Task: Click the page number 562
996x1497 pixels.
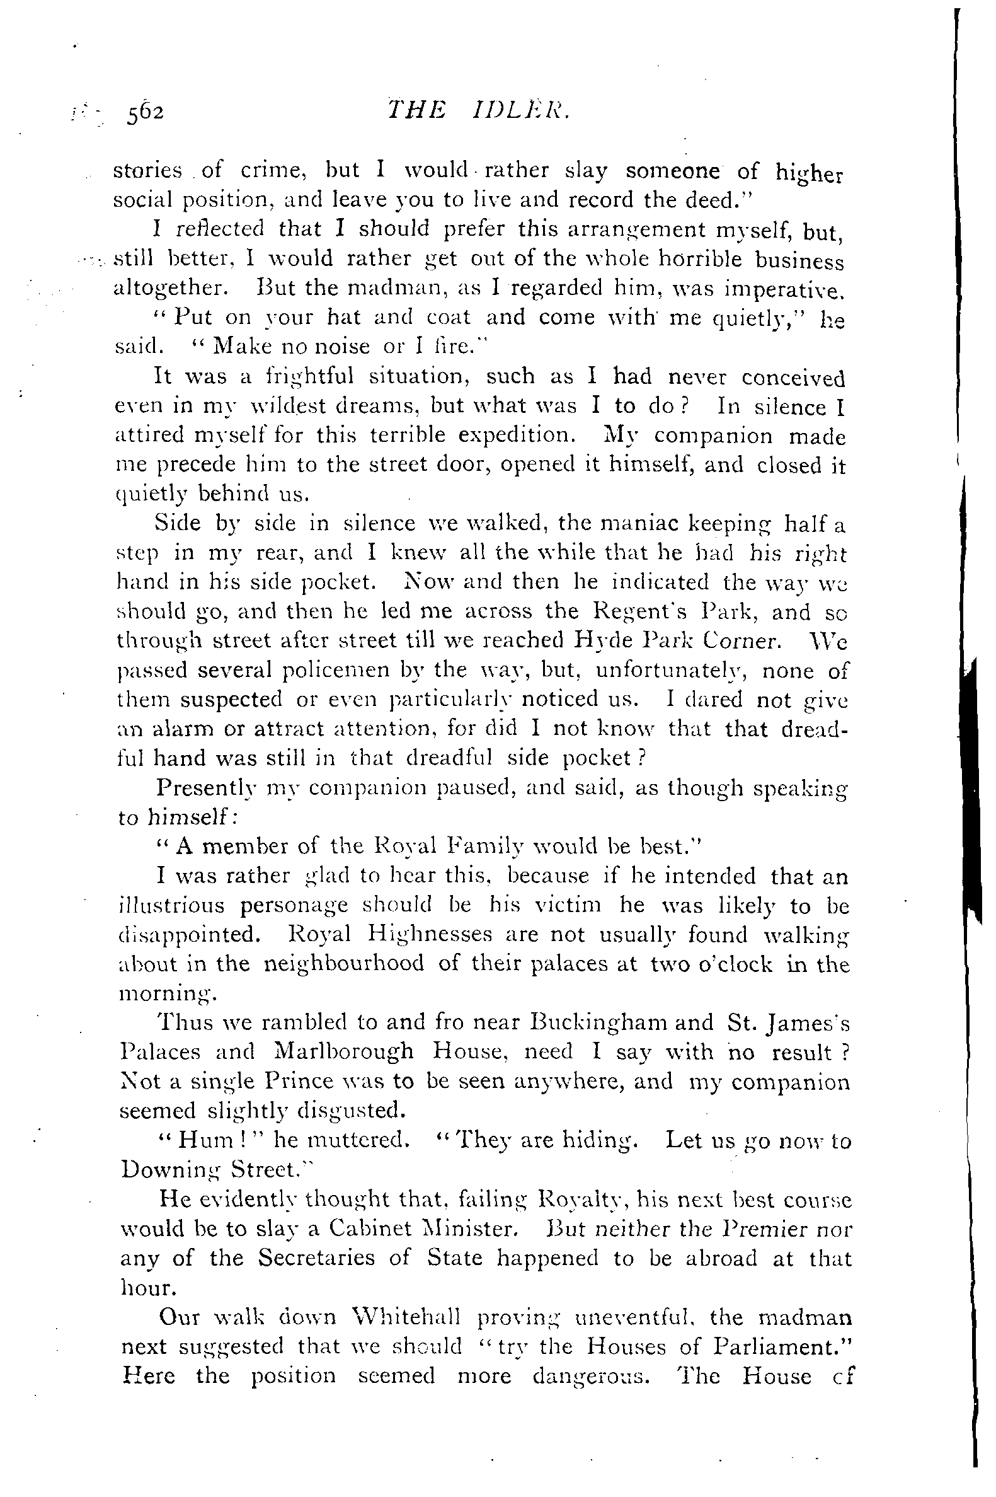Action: pyautogui.click(x=146, y=112)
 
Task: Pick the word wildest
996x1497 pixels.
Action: pyautogui.click(x=306, y=406)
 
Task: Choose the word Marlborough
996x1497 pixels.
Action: pyautogui.click(x=343, y=1052)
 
